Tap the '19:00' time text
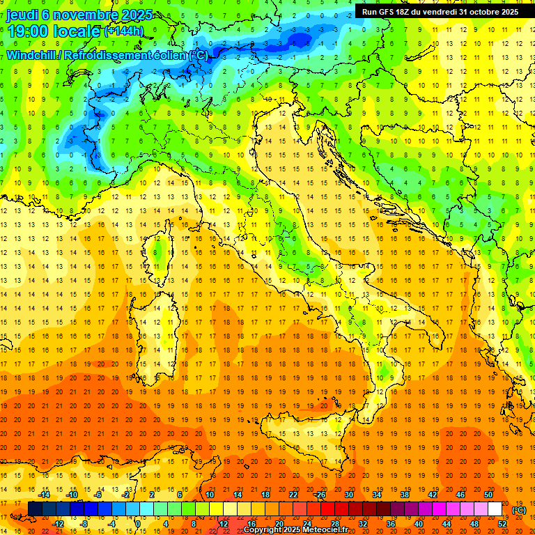pyautogui.click(x=27, y=31)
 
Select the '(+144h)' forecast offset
pyautogui.click(x=124, y=31)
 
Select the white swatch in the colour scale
pyautogui.click(x=495, y=509)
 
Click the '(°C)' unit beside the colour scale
pyautogui.click(x=519, y=510)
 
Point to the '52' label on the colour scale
pyautogui.click(x=502, y=523)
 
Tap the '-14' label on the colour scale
pyautogui.click(x=46, y=495)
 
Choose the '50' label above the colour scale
pyautogui.click(x=488, y=495)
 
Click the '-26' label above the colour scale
pyautogui.click(x=319, y=495)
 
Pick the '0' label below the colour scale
pyautogui.click(x=137, y=523)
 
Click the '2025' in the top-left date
pyautogui.click(x=118, y=15)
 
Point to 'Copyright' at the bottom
pyautogui.click(x=264, y=530)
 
